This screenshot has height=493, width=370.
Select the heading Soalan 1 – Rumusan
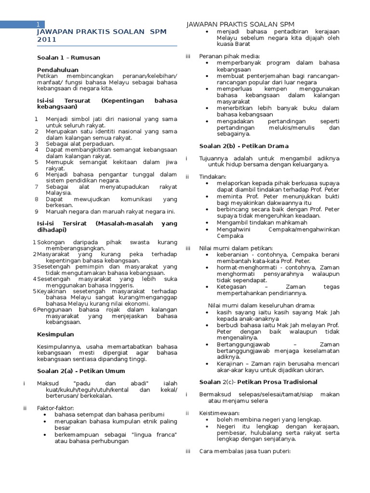(x=68, y=57)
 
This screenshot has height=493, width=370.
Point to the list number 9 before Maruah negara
(x=37, y=211)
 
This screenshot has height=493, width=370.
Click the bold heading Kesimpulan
(x=55, y=334)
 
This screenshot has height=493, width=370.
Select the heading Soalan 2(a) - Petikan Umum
(x=81, y=371)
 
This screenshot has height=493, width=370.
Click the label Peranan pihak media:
(x=229, y=56)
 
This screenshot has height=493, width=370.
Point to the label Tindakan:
(x=212, y=177)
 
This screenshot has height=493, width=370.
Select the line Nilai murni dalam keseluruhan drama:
(x=262, y=305)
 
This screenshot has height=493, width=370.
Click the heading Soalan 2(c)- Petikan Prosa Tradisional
(x=258, y=382)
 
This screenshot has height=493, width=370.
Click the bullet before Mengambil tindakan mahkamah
(x=207, y=223)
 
